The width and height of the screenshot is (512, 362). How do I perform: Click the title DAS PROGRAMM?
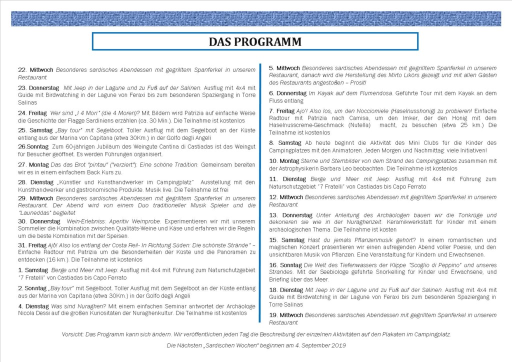pos(255,41)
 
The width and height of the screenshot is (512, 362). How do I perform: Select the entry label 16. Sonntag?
pos(285,265)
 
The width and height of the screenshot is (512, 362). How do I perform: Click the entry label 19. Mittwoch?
pos(286,315)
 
